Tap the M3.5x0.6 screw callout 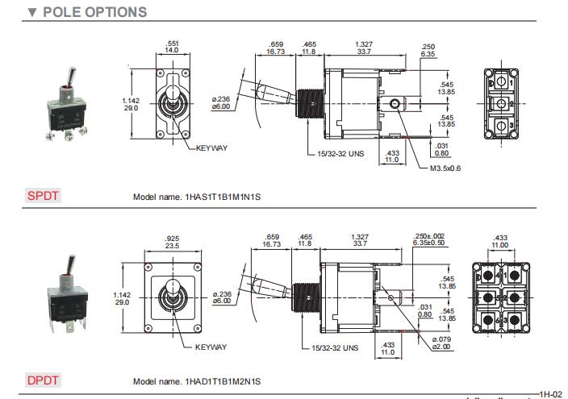(x=444, y=168)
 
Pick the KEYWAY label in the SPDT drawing (x=211, y=148)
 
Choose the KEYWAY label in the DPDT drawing (x=211, y=347)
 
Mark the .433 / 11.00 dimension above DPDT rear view (x=500, y=240)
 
